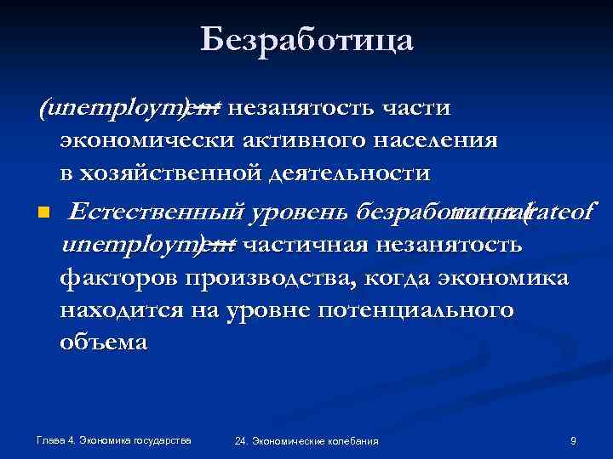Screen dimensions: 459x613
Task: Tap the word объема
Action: [103, 343]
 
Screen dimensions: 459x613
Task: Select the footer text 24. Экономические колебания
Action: [306, 441]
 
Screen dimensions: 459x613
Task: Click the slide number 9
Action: [573, 440]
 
